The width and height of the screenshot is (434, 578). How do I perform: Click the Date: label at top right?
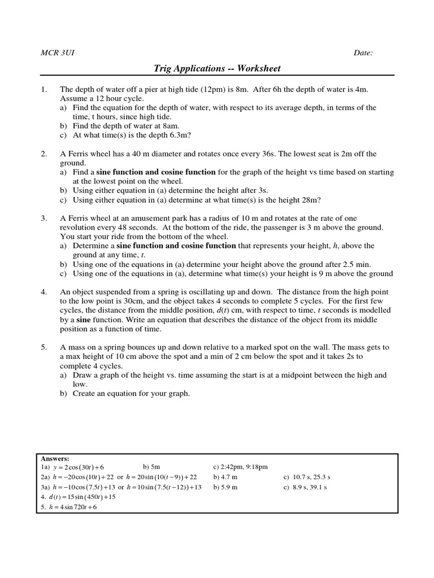click(x=363, y=53)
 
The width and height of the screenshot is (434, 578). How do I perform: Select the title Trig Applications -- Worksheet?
click(x=217, y=69)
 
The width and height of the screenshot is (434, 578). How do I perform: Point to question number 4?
click(x=43, y=292)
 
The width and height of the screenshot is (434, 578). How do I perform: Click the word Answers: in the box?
click(x=55, y=459)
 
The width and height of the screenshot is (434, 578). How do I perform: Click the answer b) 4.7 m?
click(x=225, y=477)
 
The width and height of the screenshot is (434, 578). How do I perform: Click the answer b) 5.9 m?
click(x=225, y=487)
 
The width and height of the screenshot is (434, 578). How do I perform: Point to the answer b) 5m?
click(x=152, y=467)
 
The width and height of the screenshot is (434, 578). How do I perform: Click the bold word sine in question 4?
click(x=84, y=319)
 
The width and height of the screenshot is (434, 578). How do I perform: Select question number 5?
click(x=43, y=347)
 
